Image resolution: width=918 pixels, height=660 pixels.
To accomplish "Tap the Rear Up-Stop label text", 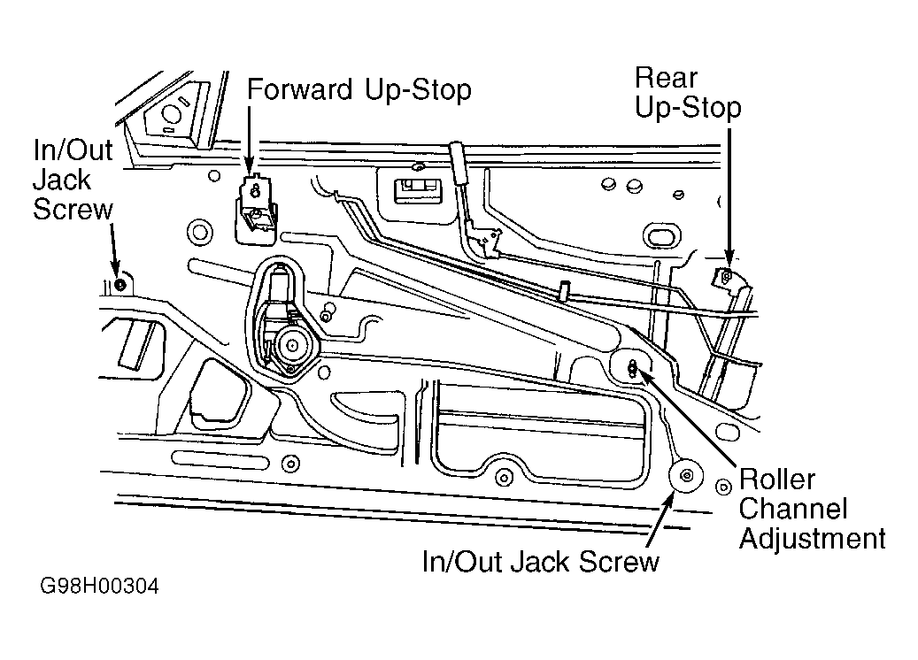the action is point(688,93).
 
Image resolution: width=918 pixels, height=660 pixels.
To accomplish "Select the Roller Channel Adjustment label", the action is point(812,509).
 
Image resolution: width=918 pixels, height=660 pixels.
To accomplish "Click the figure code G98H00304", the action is point(99,586).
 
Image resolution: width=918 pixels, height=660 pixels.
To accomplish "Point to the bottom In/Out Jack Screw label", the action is point(540,562).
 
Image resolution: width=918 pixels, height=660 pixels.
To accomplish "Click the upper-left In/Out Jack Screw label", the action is point(73,180).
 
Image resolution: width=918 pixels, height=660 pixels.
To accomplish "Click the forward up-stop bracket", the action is point(255,209).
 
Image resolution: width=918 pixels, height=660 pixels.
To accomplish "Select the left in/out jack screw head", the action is point(120,285).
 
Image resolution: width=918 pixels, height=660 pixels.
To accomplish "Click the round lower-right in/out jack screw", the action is point(686,475).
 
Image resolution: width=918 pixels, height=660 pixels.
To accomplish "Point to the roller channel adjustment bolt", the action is point(632,369).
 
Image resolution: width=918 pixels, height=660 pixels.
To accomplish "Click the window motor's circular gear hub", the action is point(291,345).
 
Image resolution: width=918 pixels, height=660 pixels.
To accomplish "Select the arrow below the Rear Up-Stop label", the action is point(729,197).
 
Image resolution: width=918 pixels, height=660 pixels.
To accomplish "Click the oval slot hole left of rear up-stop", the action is point(662,236).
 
